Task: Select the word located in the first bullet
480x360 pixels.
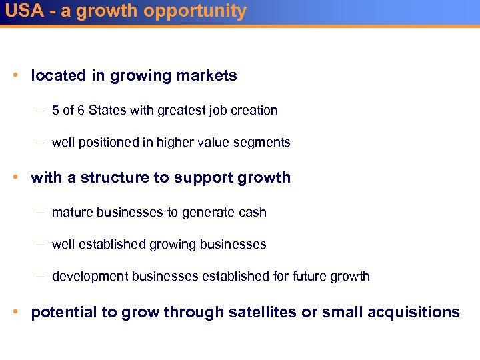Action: (59, 76)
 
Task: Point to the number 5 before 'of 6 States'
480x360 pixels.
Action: (55, 111)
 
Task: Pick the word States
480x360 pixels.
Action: (108, 111)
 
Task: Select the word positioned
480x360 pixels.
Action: (114, 143)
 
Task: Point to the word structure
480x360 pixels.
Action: (109, 178)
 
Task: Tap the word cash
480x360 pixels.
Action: (254, 213)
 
